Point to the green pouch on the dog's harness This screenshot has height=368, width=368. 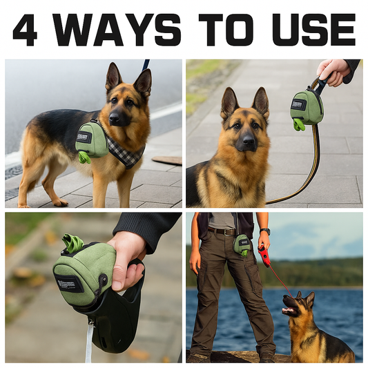coord(92,140)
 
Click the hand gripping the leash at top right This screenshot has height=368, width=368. coord(333,69)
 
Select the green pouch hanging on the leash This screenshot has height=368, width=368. coord(306,106)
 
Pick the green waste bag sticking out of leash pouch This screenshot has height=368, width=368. coord(298,124)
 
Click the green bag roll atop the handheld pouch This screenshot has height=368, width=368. coord(72,243)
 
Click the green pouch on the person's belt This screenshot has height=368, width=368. coord(242,244)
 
